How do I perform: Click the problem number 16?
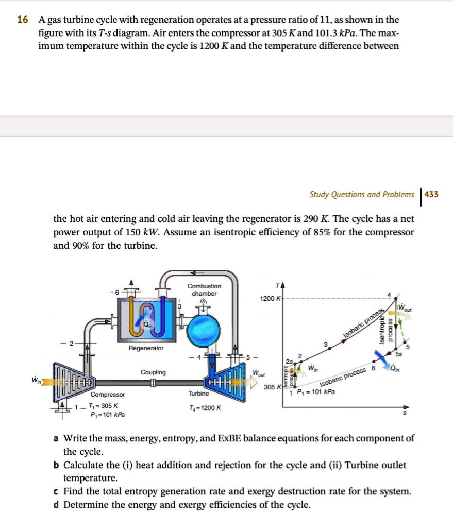[x=22, y=20]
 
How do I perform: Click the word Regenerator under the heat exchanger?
[x=146, y=349]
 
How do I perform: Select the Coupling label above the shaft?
[x=153, y=372]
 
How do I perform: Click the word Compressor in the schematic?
[x=108, y=395]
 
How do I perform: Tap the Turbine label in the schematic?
[x=199, y=394]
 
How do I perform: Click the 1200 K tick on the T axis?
[x=272, y=299]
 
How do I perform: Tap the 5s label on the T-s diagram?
[x=399, y=354]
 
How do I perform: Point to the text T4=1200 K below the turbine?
[x=206, y=407]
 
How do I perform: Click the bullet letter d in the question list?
[x=56, y=504]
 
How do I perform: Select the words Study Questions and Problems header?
[x=361, y=194]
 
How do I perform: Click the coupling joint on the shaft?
[x=153, y=383]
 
